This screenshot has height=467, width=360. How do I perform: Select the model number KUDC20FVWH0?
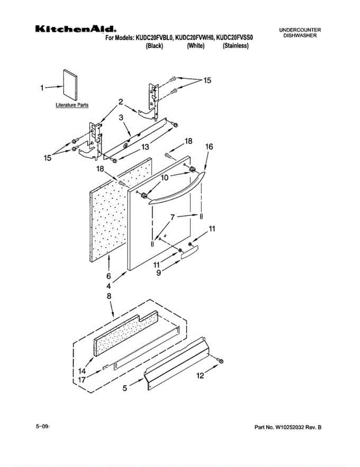click(x=195, y=38)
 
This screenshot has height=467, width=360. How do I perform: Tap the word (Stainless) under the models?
click(x=235, y=46)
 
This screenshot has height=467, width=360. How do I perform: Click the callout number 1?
click(x=42, y=88)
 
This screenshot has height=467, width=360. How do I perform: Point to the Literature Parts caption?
click(x=72, y=105)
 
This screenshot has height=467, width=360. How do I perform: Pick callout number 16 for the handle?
click(x=209, y=147)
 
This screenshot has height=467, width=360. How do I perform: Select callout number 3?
click(x=121, y=117)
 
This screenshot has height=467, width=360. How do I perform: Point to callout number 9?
click(x=159, y=273)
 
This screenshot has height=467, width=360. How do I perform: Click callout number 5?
click(x=125, y=388)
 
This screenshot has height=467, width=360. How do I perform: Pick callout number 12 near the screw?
click(x=200, y=376)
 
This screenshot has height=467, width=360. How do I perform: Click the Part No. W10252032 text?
click(x=288, y=427)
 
